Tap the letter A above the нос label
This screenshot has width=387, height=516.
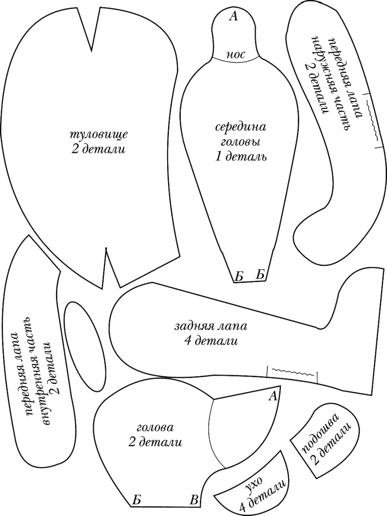(233, 17)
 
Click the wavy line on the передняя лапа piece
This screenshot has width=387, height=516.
(373, 120)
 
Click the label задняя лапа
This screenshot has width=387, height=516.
(211, 326)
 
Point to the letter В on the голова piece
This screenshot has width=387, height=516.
(194, 500)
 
